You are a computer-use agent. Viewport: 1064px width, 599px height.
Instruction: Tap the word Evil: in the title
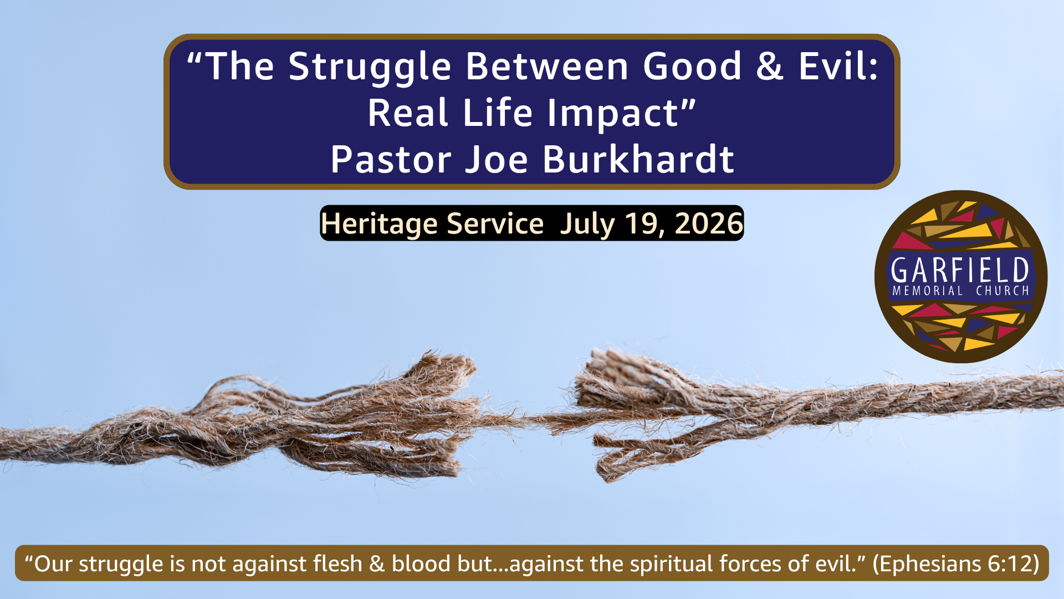click(x=838, y=66)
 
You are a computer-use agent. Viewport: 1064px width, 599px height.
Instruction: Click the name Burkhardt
click(x=638, y=159)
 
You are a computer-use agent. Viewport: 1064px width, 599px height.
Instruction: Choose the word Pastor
click(x=391, y=159)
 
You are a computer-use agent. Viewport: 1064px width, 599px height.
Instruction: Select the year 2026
click(x=709, y=223)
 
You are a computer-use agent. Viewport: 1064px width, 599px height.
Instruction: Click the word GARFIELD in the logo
click(x=960, y=270)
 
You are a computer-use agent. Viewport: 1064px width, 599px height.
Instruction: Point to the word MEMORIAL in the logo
click(x=927, y=291)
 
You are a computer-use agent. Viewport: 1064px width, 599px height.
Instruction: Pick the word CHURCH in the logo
click(x=1002, y=291)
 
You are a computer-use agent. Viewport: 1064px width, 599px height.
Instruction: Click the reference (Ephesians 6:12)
click(x=956, y=564)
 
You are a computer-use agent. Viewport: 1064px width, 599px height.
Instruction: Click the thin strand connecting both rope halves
click(x=526, y=419)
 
